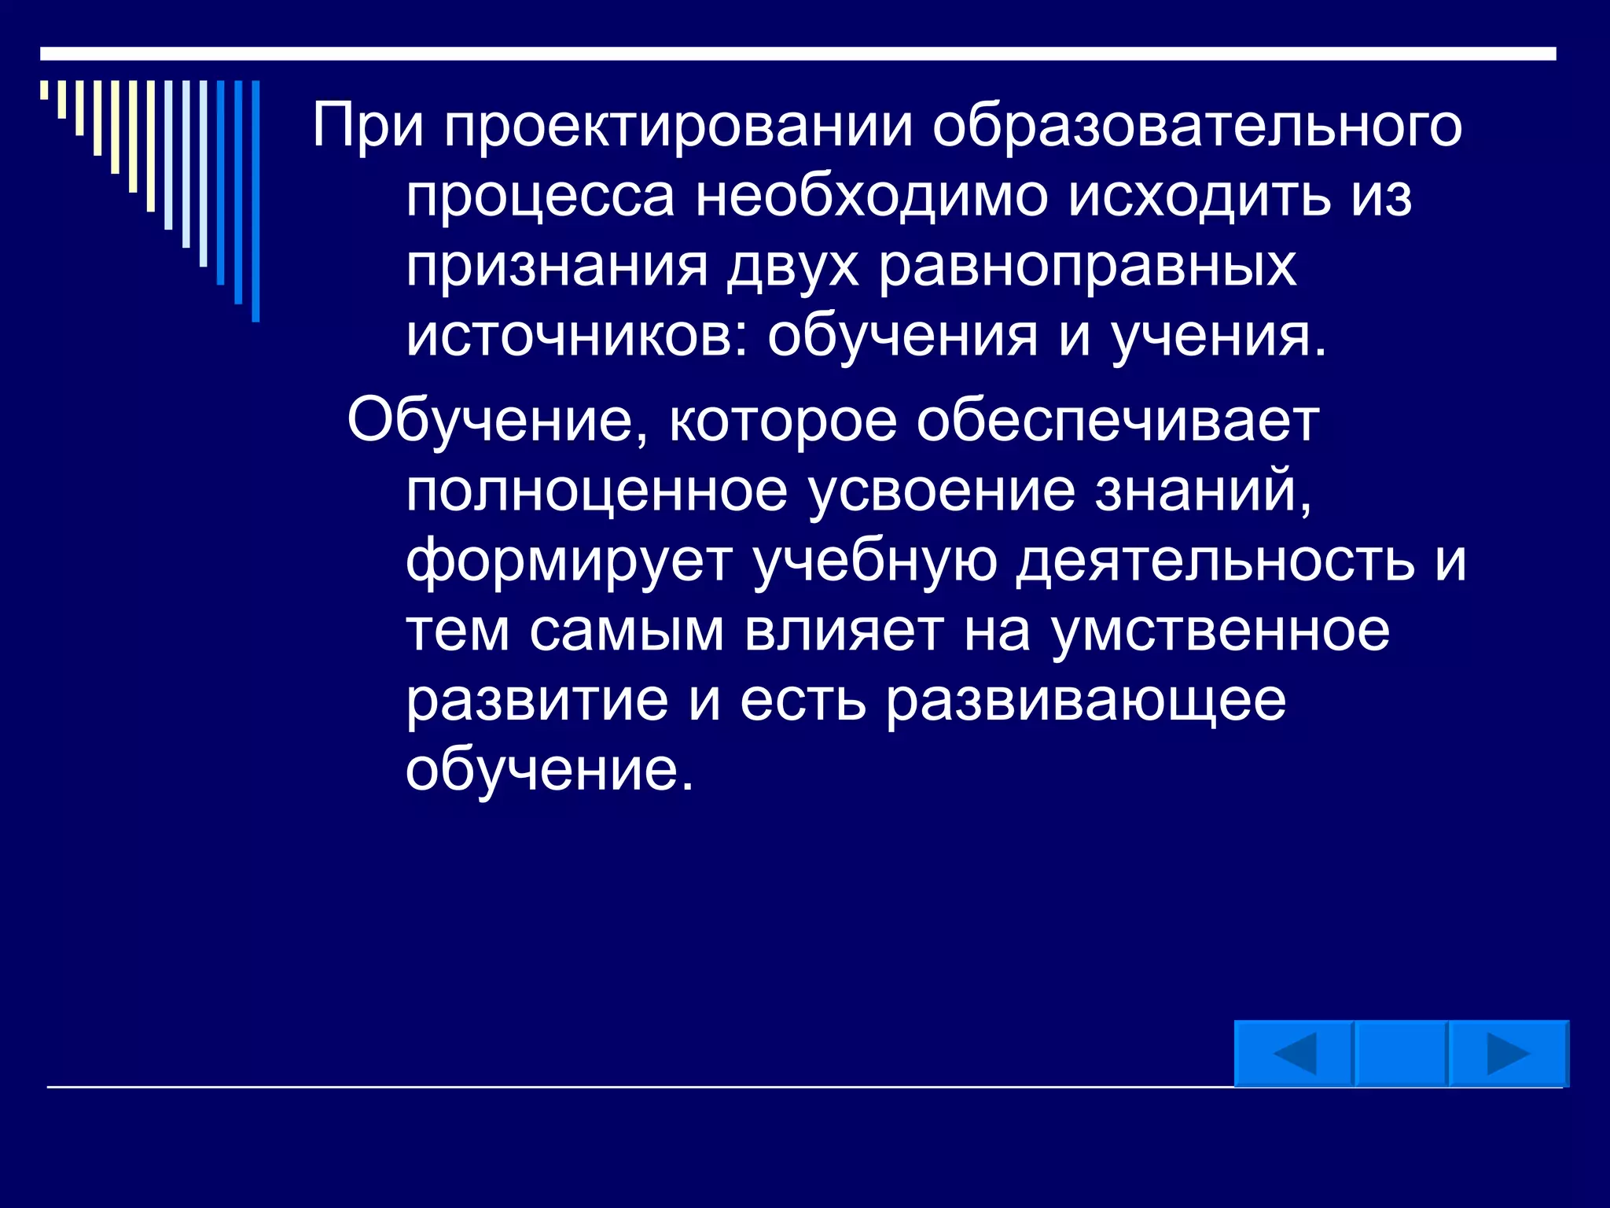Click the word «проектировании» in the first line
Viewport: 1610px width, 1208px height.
tap(678, 126)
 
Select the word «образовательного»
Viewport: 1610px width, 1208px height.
tap(1197, 126)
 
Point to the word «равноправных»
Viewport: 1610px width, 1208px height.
tap(1087, 266)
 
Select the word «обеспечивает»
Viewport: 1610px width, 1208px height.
tap(1117, 421)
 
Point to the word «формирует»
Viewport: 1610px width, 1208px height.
tap(569, 561)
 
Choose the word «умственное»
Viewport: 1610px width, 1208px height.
tap(1220, 631)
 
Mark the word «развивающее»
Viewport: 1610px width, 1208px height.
tap(1086, 700)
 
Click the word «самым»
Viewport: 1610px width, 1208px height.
tap(627, 631)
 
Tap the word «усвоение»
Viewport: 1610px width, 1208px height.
tap(941, 490)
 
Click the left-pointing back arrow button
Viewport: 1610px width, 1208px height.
tap(1293, 1054)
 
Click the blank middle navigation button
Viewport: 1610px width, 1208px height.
tap(1401, 1054)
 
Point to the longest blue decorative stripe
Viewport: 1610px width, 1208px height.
tap(255, 201)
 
